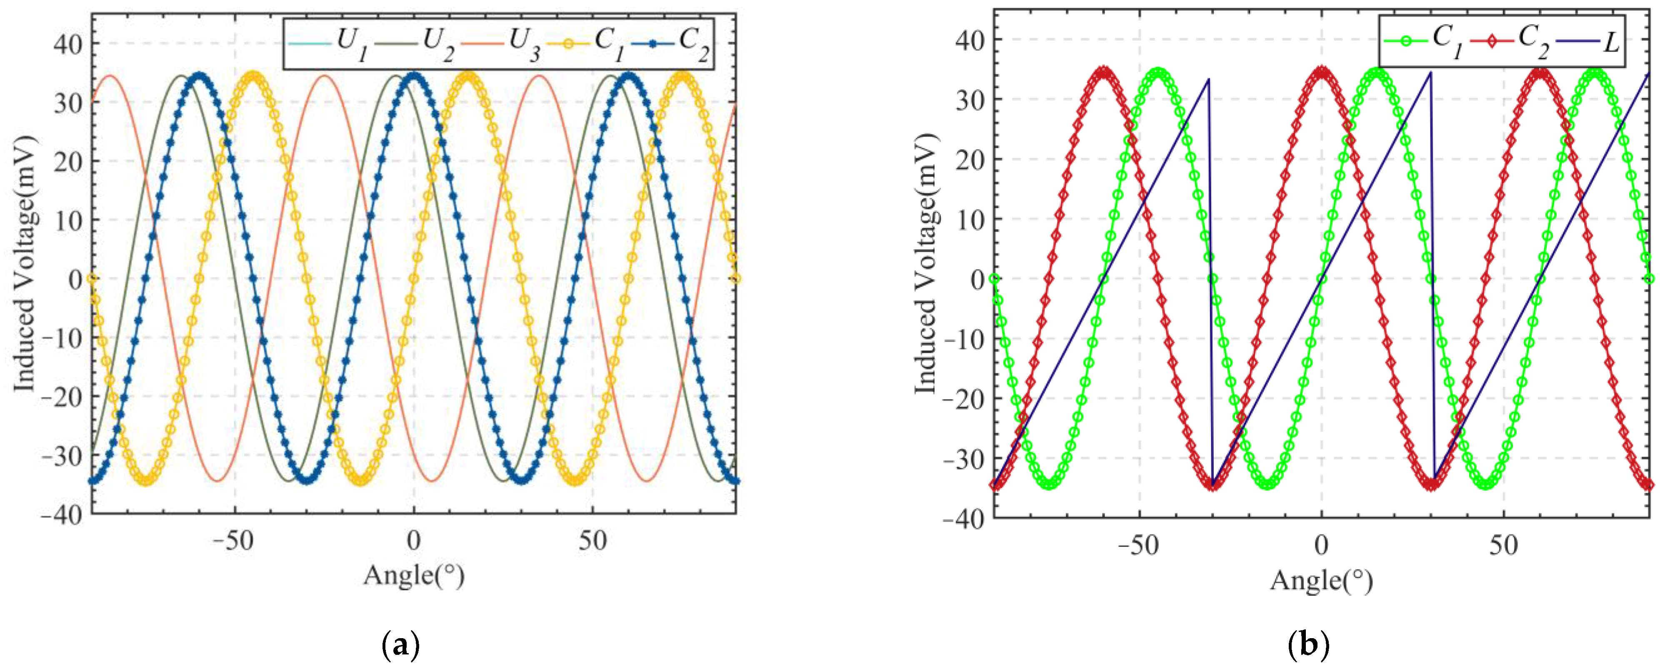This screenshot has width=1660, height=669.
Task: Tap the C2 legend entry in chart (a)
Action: coord(670,44)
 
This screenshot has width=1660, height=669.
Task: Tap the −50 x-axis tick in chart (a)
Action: coord(234,542)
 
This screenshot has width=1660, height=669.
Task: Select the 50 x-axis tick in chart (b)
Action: coord(1503,546)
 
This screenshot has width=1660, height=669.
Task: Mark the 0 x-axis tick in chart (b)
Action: coord(1321,546)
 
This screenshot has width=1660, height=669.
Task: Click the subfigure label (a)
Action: coord(401,644)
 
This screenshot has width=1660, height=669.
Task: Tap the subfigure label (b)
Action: coord(1308,644)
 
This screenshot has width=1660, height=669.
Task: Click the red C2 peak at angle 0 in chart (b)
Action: coord(1322,72)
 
